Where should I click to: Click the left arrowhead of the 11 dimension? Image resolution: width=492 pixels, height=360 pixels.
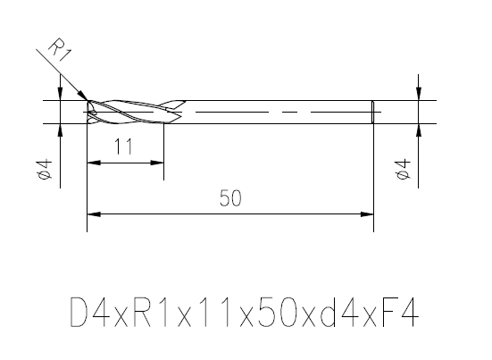[x=92, y=163]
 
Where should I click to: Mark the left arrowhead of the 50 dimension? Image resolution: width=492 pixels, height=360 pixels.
[x=92, y=213]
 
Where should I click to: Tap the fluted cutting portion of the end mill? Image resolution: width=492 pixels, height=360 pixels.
[x=134, y=112]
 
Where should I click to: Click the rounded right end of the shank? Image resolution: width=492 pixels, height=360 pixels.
[x=371, y=112]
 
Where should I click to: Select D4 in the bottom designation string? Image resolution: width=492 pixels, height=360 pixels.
[x=90, y=315]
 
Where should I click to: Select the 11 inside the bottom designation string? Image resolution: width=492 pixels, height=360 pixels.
[x=215, y=315]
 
